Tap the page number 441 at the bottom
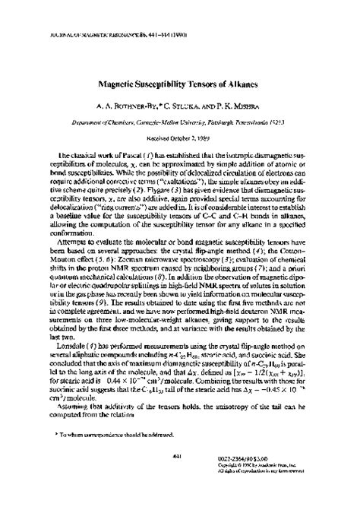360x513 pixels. click(178, 477)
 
